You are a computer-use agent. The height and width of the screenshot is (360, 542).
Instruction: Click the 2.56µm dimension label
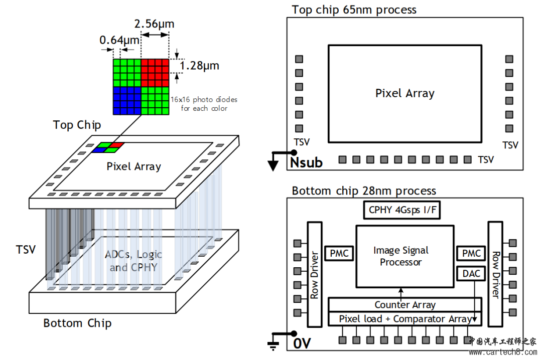pos(154,24)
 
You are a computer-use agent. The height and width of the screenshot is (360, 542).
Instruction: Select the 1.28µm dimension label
pos(199,66)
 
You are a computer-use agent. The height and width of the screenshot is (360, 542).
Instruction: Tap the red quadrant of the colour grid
pos(155,73)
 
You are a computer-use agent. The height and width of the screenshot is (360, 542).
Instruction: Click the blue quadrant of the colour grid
pos(126,100)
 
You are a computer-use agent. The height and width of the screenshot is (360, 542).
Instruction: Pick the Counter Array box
pos(404,304)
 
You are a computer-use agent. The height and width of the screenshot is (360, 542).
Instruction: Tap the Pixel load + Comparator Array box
pos(404,319)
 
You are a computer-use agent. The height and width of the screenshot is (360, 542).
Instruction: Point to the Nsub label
pos(306,162)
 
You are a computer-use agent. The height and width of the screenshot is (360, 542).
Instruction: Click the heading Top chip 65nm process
pos(354,9)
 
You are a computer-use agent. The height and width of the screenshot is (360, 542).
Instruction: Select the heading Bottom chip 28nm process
pos(364,191)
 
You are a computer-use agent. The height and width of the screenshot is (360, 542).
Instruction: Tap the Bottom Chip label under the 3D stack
pos(77,323)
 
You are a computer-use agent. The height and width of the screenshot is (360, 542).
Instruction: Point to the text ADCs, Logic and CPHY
pos(133,261)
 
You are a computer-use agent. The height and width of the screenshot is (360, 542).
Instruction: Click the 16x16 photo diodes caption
pos(204,104)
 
